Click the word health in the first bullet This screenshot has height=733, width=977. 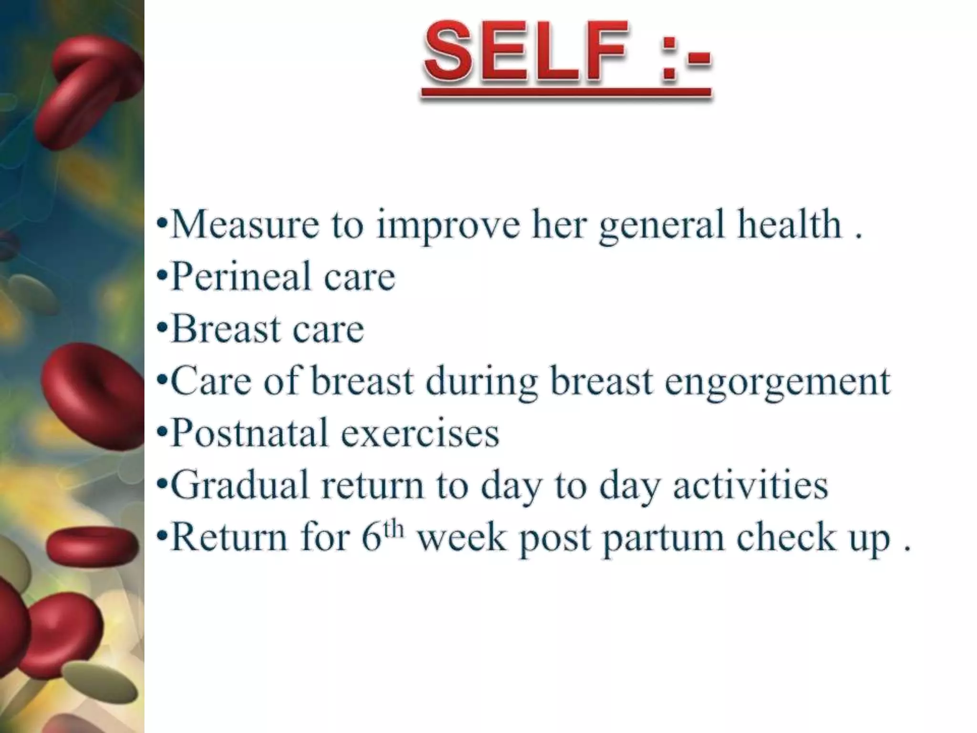789,224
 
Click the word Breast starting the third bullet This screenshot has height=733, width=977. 225,329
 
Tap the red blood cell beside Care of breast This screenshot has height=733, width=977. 91,396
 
